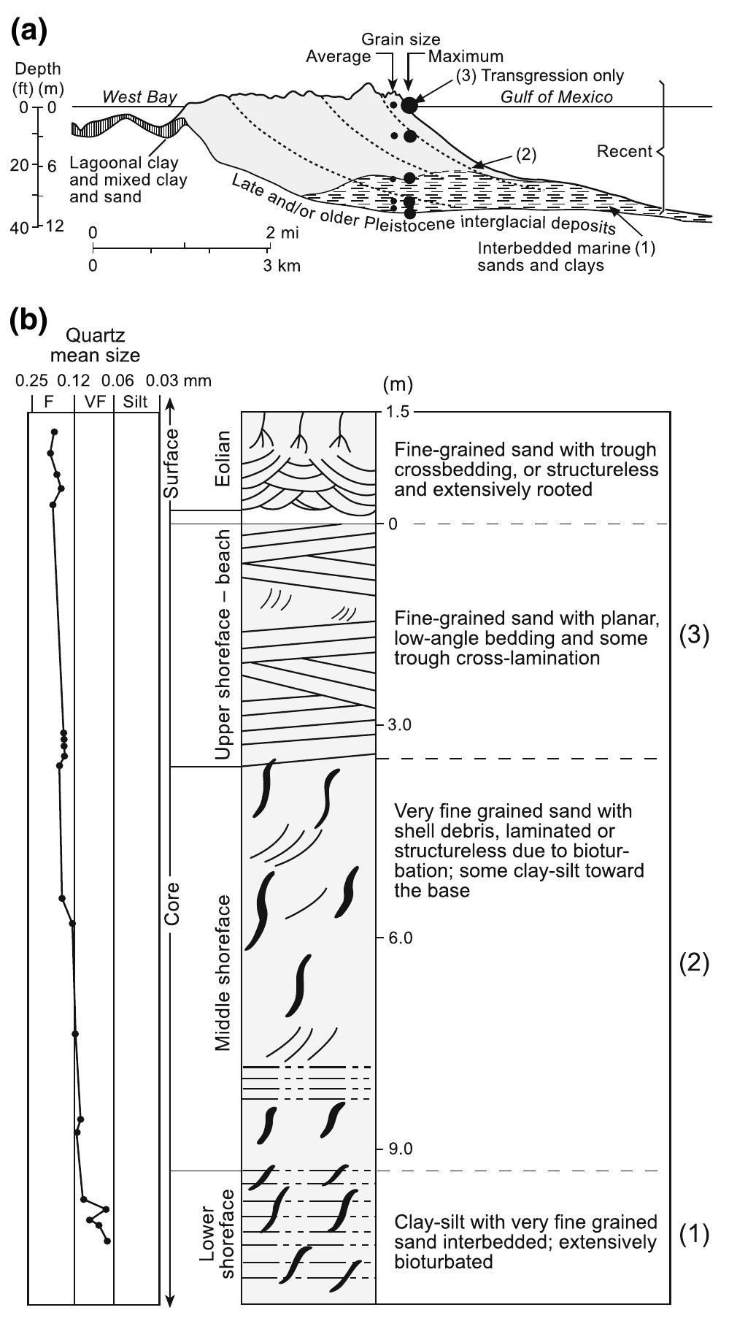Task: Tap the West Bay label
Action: point(139,97)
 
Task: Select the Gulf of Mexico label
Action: point(556,97)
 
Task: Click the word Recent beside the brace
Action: point(624,152)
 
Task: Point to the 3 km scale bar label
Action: point(281,266)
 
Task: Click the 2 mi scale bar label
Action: point(281,233)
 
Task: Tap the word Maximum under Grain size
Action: point(466,56)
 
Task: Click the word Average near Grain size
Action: point(338,56)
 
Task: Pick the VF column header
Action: point(94,402)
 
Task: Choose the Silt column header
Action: point(136,402)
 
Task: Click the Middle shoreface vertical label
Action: point(223,972)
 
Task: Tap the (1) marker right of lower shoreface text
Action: point(694,1234)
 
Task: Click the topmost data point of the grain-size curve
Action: point(54,432)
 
